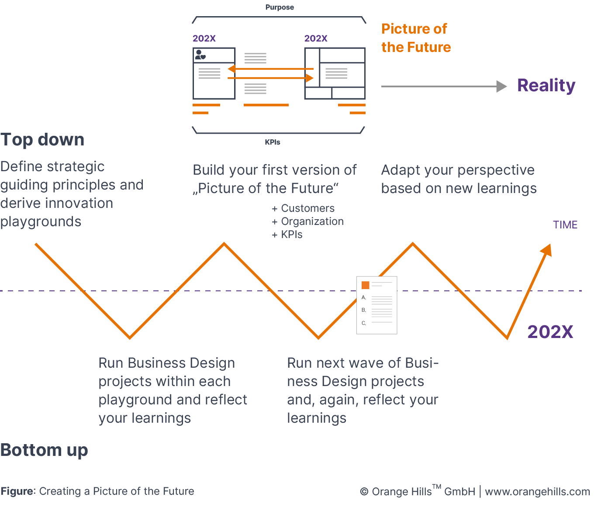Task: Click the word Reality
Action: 546,85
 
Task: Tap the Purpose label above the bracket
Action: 280,7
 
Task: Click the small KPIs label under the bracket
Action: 273,142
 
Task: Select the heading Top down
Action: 42,140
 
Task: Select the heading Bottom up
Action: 44,450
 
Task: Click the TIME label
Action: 565,225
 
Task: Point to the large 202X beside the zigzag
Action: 550,332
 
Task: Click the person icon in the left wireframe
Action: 200,55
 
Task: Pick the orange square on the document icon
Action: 366,285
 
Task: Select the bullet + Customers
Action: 304,208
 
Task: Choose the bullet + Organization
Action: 308,221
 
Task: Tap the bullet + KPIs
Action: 287,235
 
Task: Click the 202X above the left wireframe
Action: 204,38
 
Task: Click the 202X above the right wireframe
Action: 316,38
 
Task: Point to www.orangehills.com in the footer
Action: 537,492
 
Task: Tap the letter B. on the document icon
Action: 364,310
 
